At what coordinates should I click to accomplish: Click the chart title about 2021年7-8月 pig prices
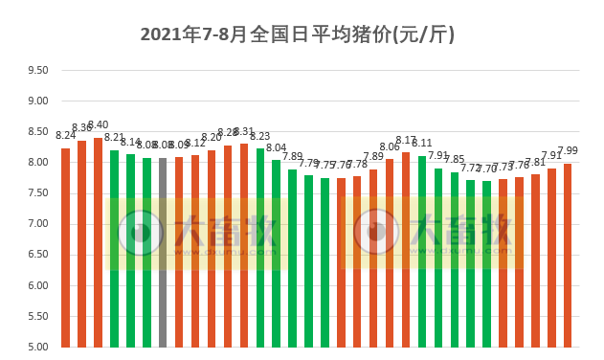point(297,35)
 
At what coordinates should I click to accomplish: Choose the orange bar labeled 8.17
point(406,249)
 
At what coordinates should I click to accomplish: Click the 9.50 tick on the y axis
point(37,71)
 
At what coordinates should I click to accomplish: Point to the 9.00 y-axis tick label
point(37,101)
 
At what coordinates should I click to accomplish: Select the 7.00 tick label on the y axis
point(37,224)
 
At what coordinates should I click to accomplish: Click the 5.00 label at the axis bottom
point(37,347)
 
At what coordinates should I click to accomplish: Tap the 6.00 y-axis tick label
point(37,285)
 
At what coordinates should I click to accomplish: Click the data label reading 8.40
point(98,125)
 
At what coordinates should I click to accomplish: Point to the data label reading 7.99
point(568,150)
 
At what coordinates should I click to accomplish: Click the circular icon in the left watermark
point(141,232)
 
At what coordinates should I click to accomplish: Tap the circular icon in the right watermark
point(376,232)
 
